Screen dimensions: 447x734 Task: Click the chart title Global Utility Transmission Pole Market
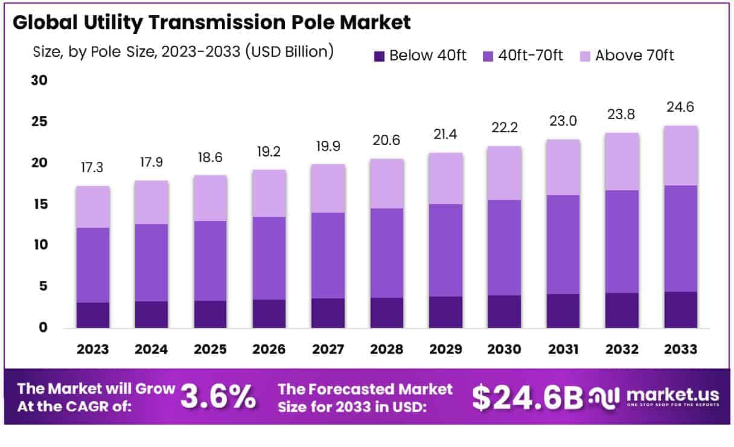[211, 22]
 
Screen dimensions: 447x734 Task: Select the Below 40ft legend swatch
[379, 56]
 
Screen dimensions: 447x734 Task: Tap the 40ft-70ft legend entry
[523, 56]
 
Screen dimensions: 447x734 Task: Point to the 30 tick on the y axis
[39, 80]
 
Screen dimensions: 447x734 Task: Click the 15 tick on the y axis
[39, 204]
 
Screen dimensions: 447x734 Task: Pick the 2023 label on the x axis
[93, 350]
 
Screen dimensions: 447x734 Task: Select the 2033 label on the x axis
[681, 350]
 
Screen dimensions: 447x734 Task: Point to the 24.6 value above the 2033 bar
[681, 108]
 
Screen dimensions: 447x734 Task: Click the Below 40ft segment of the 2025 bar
[210, 314]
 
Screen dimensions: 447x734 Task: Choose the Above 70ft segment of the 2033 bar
[681, 155]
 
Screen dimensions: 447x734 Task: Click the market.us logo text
[672, 395]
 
